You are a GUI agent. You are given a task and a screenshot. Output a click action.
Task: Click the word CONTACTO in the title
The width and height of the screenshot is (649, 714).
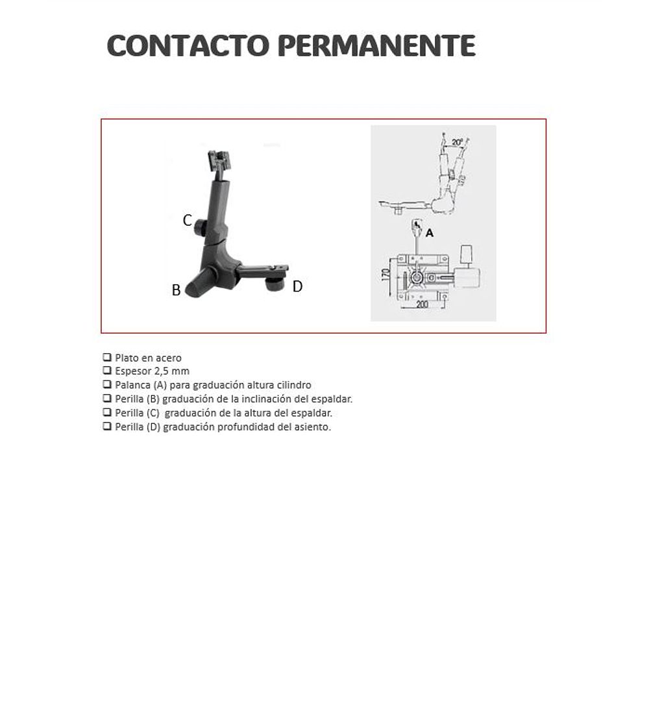click(188, 45)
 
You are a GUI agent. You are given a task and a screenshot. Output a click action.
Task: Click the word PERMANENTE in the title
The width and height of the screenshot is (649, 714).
click(376, 45)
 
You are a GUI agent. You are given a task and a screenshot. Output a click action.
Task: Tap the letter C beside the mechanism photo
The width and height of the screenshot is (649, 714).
click(187, 221)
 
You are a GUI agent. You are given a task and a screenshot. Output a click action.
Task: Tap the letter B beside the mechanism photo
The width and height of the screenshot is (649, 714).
click(177, 290)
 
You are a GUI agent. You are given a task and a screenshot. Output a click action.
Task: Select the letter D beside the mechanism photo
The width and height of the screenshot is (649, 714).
click(297, 286)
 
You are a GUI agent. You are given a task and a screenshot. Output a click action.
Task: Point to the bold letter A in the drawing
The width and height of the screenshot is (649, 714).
click(430, 233)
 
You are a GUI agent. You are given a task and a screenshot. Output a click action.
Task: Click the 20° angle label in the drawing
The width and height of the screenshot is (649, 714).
click(457, 143)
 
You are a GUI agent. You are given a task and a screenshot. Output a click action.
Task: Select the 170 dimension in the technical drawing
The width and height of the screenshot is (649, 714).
click(386, 275)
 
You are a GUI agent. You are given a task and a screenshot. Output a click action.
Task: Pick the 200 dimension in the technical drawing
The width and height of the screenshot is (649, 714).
click(422, 304)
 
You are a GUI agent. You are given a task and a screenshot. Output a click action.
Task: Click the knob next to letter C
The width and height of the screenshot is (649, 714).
click(201, 227)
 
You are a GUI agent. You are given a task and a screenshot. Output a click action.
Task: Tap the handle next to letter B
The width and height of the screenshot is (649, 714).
click(199, 283)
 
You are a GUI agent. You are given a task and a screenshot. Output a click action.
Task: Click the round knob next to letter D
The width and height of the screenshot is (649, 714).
click(275, 284)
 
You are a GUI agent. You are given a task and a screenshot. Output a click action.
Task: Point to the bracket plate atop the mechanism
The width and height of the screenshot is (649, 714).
click(218, 160)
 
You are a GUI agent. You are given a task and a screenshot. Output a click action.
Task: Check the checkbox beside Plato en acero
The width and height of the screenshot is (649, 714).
click(107, 358)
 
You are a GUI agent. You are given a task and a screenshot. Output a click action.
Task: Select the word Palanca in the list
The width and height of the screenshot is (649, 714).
click(132, 385)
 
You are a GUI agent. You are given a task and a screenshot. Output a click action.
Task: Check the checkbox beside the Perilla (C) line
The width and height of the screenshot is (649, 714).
click(107, 413)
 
